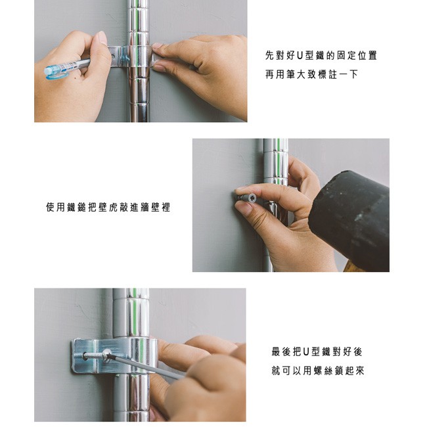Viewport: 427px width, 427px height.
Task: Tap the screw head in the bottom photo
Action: tap(106, 354)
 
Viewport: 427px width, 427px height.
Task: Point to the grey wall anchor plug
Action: tap(247, 197)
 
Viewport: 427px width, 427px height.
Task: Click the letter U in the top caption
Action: tap(300, 56)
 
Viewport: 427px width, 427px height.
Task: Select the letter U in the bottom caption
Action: tap(306, 352)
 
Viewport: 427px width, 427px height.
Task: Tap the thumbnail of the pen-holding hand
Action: tap(102, 38)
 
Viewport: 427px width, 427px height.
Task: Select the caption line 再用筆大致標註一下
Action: tap(311, 74)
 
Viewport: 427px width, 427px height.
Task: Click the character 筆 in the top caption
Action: tap(290, 74)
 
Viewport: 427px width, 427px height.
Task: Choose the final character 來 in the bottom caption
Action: tap(360, 371)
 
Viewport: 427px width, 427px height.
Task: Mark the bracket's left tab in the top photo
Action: tap(116, 56)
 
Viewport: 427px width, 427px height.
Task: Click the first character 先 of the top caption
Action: tap(269, 56)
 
